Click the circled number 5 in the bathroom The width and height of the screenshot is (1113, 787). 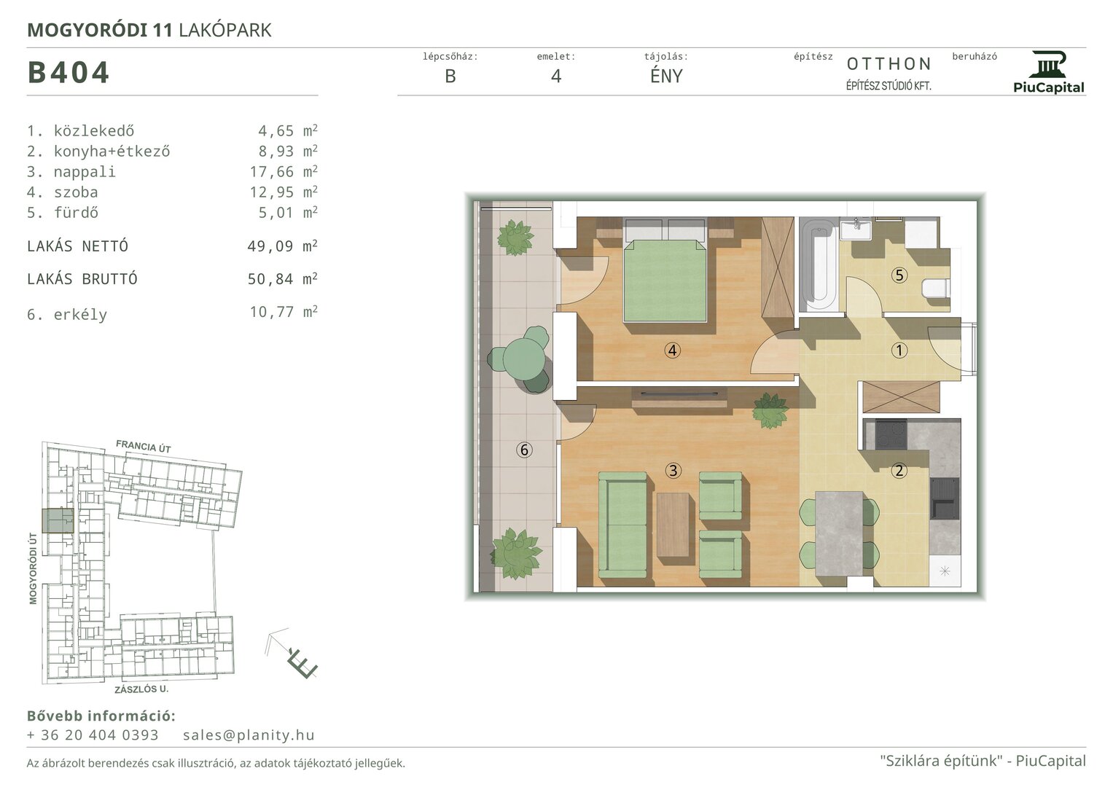[x=899, y=275]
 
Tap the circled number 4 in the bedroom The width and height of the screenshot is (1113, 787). [x=672, y=351]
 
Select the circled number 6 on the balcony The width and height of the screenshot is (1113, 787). [x=524, y=450]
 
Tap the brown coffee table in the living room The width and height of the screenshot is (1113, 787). [x=673, y=525]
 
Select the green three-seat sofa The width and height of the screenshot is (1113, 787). [x=622, y=525]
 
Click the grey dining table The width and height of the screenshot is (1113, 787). [x=839, y=533]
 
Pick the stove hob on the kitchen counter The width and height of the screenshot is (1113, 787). [x=891, y=434]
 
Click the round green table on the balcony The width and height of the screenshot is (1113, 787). [x=524, y=359]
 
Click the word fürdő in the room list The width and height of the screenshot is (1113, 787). [x=76, y=213]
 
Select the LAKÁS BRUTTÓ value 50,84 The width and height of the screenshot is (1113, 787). [x=270, y=279]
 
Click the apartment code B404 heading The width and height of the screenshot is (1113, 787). [x=68, y=73]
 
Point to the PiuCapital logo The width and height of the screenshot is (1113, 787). [x=1048, y=73]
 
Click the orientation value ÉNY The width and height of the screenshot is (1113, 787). [x=666, y=76]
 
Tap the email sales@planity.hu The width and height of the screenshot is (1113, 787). [x=249, y=735]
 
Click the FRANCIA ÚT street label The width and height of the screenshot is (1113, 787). [x=144, y=446]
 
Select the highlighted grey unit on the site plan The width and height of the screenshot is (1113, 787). [x=58, y=521]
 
